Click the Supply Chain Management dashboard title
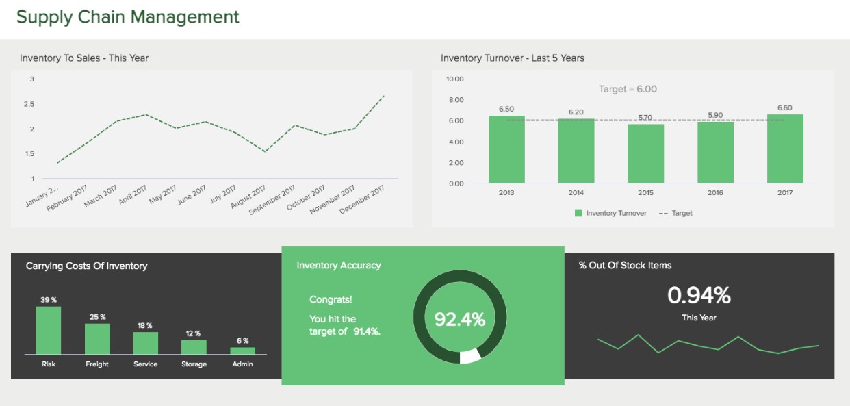click(128, 17)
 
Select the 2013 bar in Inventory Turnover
click(506, 149)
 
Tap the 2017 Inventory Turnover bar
click(785, 149)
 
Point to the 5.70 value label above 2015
click(645, 118)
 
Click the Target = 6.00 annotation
click(628, 89)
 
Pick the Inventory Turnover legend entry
click(610, 213)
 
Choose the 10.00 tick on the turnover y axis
click(455, 79)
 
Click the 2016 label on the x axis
click(715, 193)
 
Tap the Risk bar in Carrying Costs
click(49, 330)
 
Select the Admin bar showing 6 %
click(242, 351)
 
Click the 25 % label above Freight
click(97, 317)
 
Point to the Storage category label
click(194, 364)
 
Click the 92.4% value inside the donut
click(460, 319)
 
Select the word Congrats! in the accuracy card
click(331, 300)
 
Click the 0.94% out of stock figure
click(699, 296)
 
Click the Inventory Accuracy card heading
click(339, 266)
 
